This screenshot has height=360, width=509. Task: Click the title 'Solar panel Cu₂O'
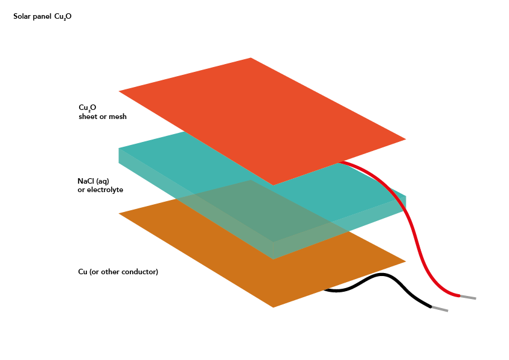[x=42, y=16]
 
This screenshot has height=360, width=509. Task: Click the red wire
[x=417, y=242]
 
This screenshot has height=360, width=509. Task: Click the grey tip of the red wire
[x=469, y=297]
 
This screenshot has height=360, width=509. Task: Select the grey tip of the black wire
[x=440, y=309]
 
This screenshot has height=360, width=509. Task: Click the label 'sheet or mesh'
[x=103, y=117]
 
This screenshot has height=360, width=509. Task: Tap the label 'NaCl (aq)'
[x=93, y=181]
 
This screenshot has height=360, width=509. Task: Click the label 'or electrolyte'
[x=100, y=190]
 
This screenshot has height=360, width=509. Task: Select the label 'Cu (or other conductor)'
[x=118, y=272]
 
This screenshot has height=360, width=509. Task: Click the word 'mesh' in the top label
[x=118, y=117]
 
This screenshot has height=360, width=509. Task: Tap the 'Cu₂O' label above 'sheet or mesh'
[x=88, y=108]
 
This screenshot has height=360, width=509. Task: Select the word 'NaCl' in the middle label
[x=86, y=181]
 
